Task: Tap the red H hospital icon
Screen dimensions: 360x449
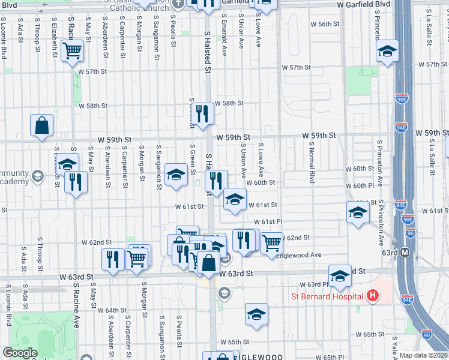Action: point(373,296)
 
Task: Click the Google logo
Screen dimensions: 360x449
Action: point(20,353)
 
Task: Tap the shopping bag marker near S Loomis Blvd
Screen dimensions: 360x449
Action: point(42,126)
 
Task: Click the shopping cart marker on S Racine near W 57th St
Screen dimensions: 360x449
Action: point(73,51)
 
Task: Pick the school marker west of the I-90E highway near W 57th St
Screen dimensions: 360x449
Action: point(388,51)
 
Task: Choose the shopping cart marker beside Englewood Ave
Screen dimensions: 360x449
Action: point(271,242)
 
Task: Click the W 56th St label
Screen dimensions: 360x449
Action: point(325,24)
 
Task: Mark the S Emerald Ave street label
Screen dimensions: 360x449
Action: point(224,32)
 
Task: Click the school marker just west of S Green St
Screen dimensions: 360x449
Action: point(176,175)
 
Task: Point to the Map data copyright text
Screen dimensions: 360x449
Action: point(423,355)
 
